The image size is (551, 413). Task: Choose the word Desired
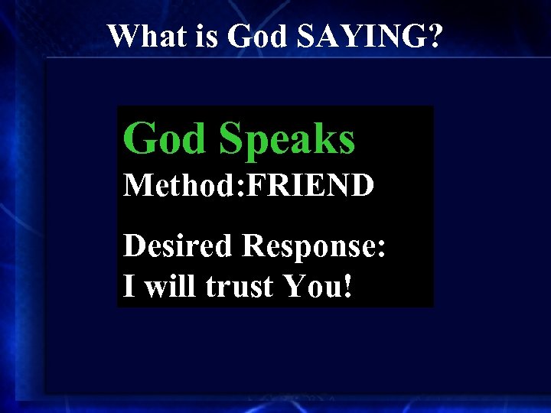coord(178,246)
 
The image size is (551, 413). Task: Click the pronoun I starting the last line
coord(129,287)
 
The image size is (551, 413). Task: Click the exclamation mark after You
coord(349,287)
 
